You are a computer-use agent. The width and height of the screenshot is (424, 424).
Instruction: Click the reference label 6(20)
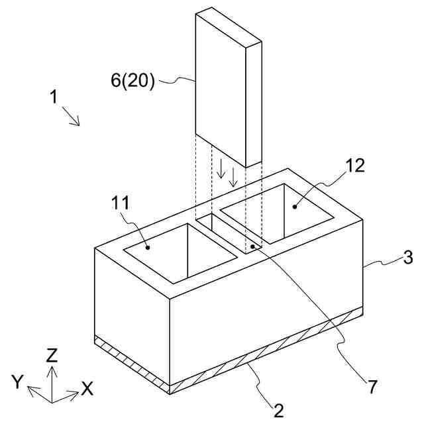pos(132,81)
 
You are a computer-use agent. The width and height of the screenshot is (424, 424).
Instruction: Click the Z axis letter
pos(52,355)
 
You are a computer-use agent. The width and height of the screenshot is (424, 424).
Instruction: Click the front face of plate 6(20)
pos(220,86)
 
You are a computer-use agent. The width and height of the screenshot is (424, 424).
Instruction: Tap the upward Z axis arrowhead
pos(52,368)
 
